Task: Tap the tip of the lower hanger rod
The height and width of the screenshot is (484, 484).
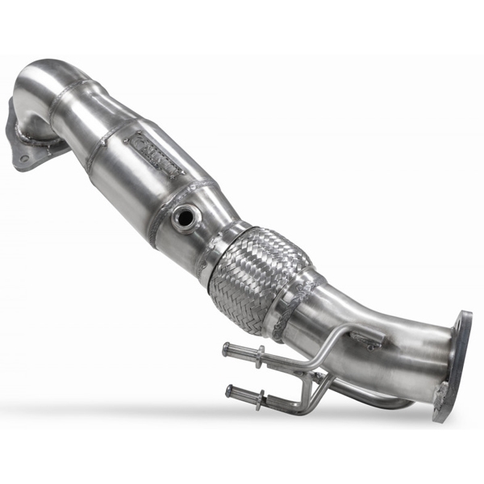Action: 230,391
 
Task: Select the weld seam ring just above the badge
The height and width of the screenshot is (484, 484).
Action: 109,133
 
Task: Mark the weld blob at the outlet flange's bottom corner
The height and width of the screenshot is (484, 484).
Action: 440,399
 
